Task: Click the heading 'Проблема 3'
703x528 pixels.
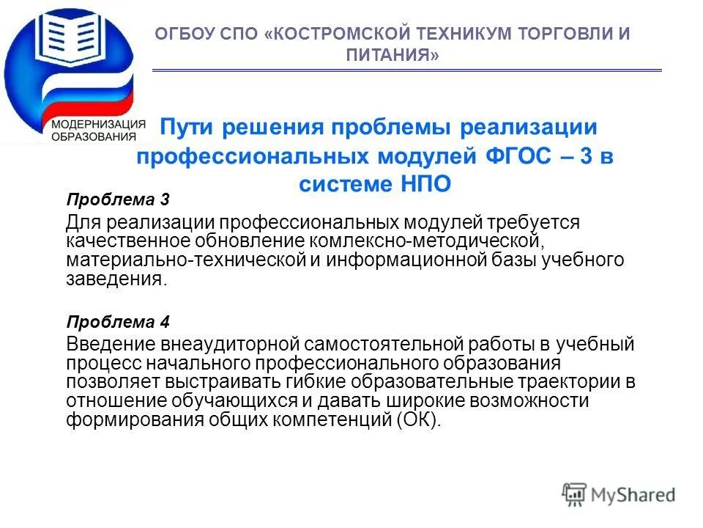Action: pyautogui.click(x=108, y=199)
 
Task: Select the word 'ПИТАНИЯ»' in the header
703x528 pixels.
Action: pyautogui.click(x=392, y=55)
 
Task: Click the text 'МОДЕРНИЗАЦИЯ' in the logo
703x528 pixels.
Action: pyautogui.click(x=94, y=124)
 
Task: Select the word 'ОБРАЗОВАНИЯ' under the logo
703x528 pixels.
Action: pyautogui.click(x=93, y=136)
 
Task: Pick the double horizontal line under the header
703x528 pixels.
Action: pyautogui.click(x=406, y=70)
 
